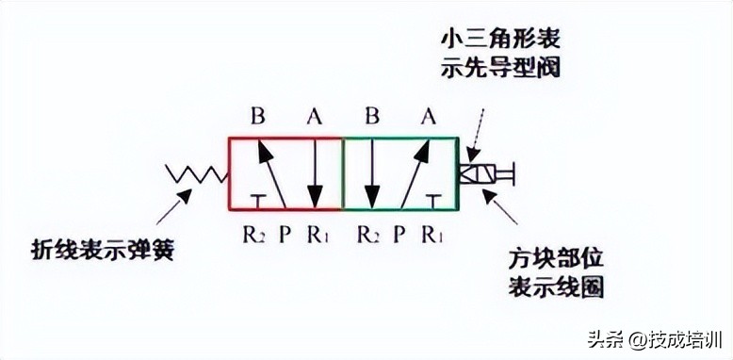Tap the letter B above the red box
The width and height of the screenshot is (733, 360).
pos(258,117)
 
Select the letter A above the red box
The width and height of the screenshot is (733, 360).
pos(315,117)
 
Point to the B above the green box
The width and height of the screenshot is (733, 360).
pos(372,117)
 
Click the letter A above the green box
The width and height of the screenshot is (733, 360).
pos(429,117)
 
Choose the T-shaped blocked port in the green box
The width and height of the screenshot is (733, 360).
pos(432,199)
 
